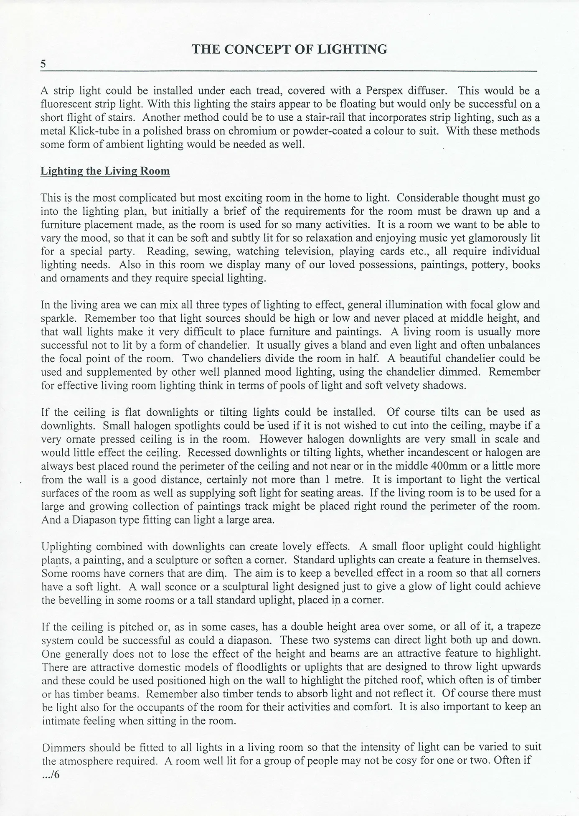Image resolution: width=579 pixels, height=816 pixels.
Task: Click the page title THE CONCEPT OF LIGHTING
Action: (289, 49)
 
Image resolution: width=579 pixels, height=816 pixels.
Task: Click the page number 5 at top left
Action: (43, 64)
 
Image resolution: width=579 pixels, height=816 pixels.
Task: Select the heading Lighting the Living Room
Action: (105, 171)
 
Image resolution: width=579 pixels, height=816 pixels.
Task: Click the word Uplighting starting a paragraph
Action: (66, 547)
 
